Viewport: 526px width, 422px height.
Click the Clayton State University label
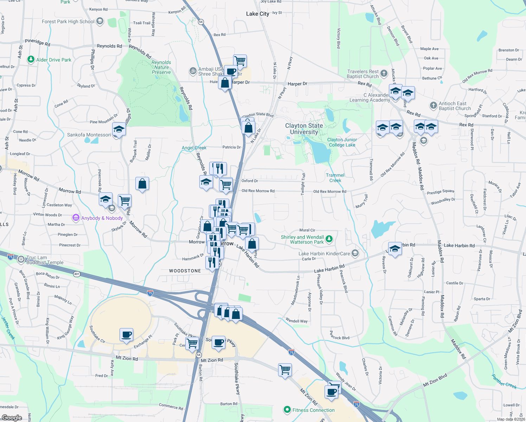coord(304,129)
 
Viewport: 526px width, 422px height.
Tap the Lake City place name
coord(257,14)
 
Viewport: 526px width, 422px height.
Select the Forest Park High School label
coord(68,21)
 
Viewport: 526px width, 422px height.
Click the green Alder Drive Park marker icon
coord(31,59)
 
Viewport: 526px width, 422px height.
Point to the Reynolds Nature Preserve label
coord(161,67)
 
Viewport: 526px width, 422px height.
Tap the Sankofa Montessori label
coord(89,135)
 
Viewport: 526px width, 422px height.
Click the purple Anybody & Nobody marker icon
coord(76,218)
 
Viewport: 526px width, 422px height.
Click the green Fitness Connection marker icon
coord(287,410)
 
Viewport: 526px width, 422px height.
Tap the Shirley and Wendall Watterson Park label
coord(302,239)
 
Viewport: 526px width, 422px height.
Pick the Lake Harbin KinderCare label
coord(324,254)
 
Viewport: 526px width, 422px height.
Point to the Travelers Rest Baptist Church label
coord(363,74)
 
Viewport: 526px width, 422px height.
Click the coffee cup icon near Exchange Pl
coord(126,335)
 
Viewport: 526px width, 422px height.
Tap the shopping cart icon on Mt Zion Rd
coord(285,370)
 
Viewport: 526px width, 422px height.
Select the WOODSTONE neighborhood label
coord(185,271)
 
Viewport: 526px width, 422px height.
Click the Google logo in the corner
coord(12,417)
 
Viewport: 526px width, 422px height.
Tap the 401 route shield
coord(77,274)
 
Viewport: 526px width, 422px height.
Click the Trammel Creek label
coord(335,178)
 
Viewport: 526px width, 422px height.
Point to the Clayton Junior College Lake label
coord(342,142)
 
